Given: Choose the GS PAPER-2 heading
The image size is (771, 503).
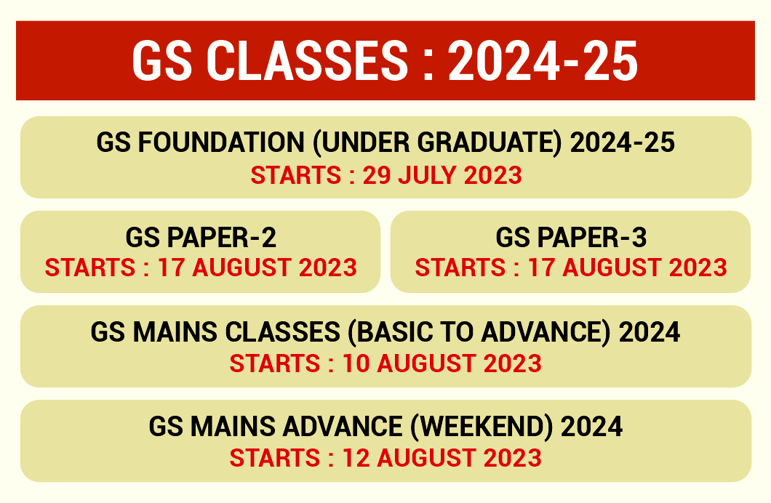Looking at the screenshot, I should (201, 238).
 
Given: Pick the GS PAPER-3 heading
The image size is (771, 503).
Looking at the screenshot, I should (571, 238).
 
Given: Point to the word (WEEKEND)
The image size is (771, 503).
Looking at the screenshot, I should (480, 427).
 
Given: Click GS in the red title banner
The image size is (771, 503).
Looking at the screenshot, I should (156, 60).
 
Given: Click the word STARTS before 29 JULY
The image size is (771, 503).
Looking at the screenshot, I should (295, 176).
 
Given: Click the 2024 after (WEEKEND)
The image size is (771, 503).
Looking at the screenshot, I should (592, 427).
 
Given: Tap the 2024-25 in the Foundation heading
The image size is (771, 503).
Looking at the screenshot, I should (623, 143).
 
